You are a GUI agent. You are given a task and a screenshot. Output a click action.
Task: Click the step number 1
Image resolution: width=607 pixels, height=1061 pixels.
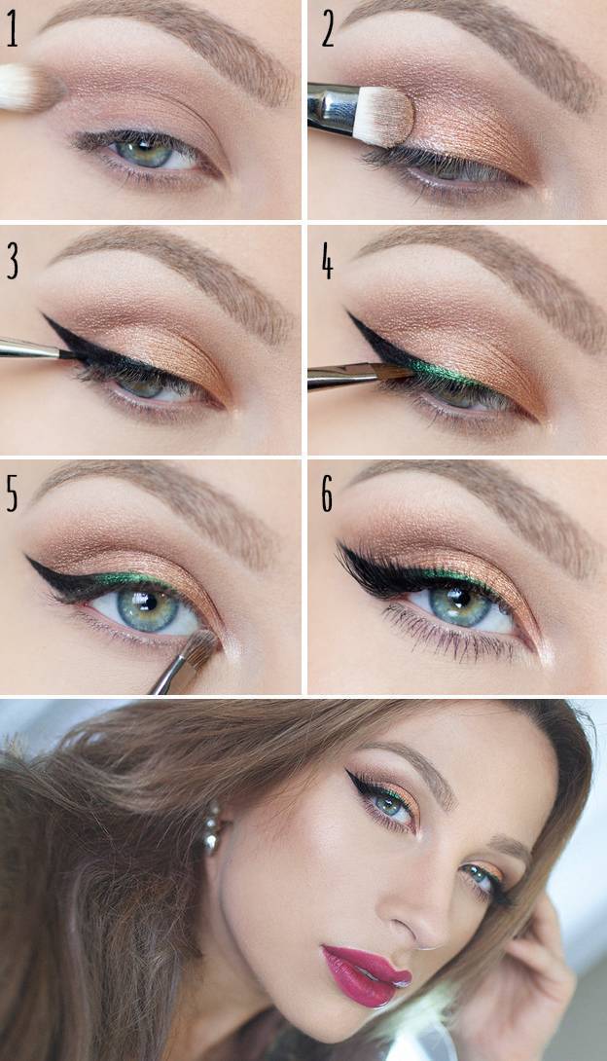[x=12, y=32]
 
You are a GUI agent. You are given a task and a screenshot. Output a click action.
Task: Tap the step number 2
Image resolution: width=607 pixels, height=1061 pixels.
[x=328, y=32]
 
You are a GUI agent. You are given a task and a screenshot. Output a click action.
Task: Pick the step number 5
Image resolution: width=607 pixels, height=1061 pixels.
[x=13, y=494]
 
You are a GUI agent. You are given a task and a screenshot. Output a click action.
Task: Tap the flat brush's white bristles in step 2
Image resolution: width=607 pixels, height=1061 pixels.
[x=384, y=117]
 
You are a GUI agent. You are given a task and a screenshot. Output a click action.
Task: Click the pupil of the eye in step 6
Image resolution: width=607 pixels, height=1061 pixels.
[x=461, y=599]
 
